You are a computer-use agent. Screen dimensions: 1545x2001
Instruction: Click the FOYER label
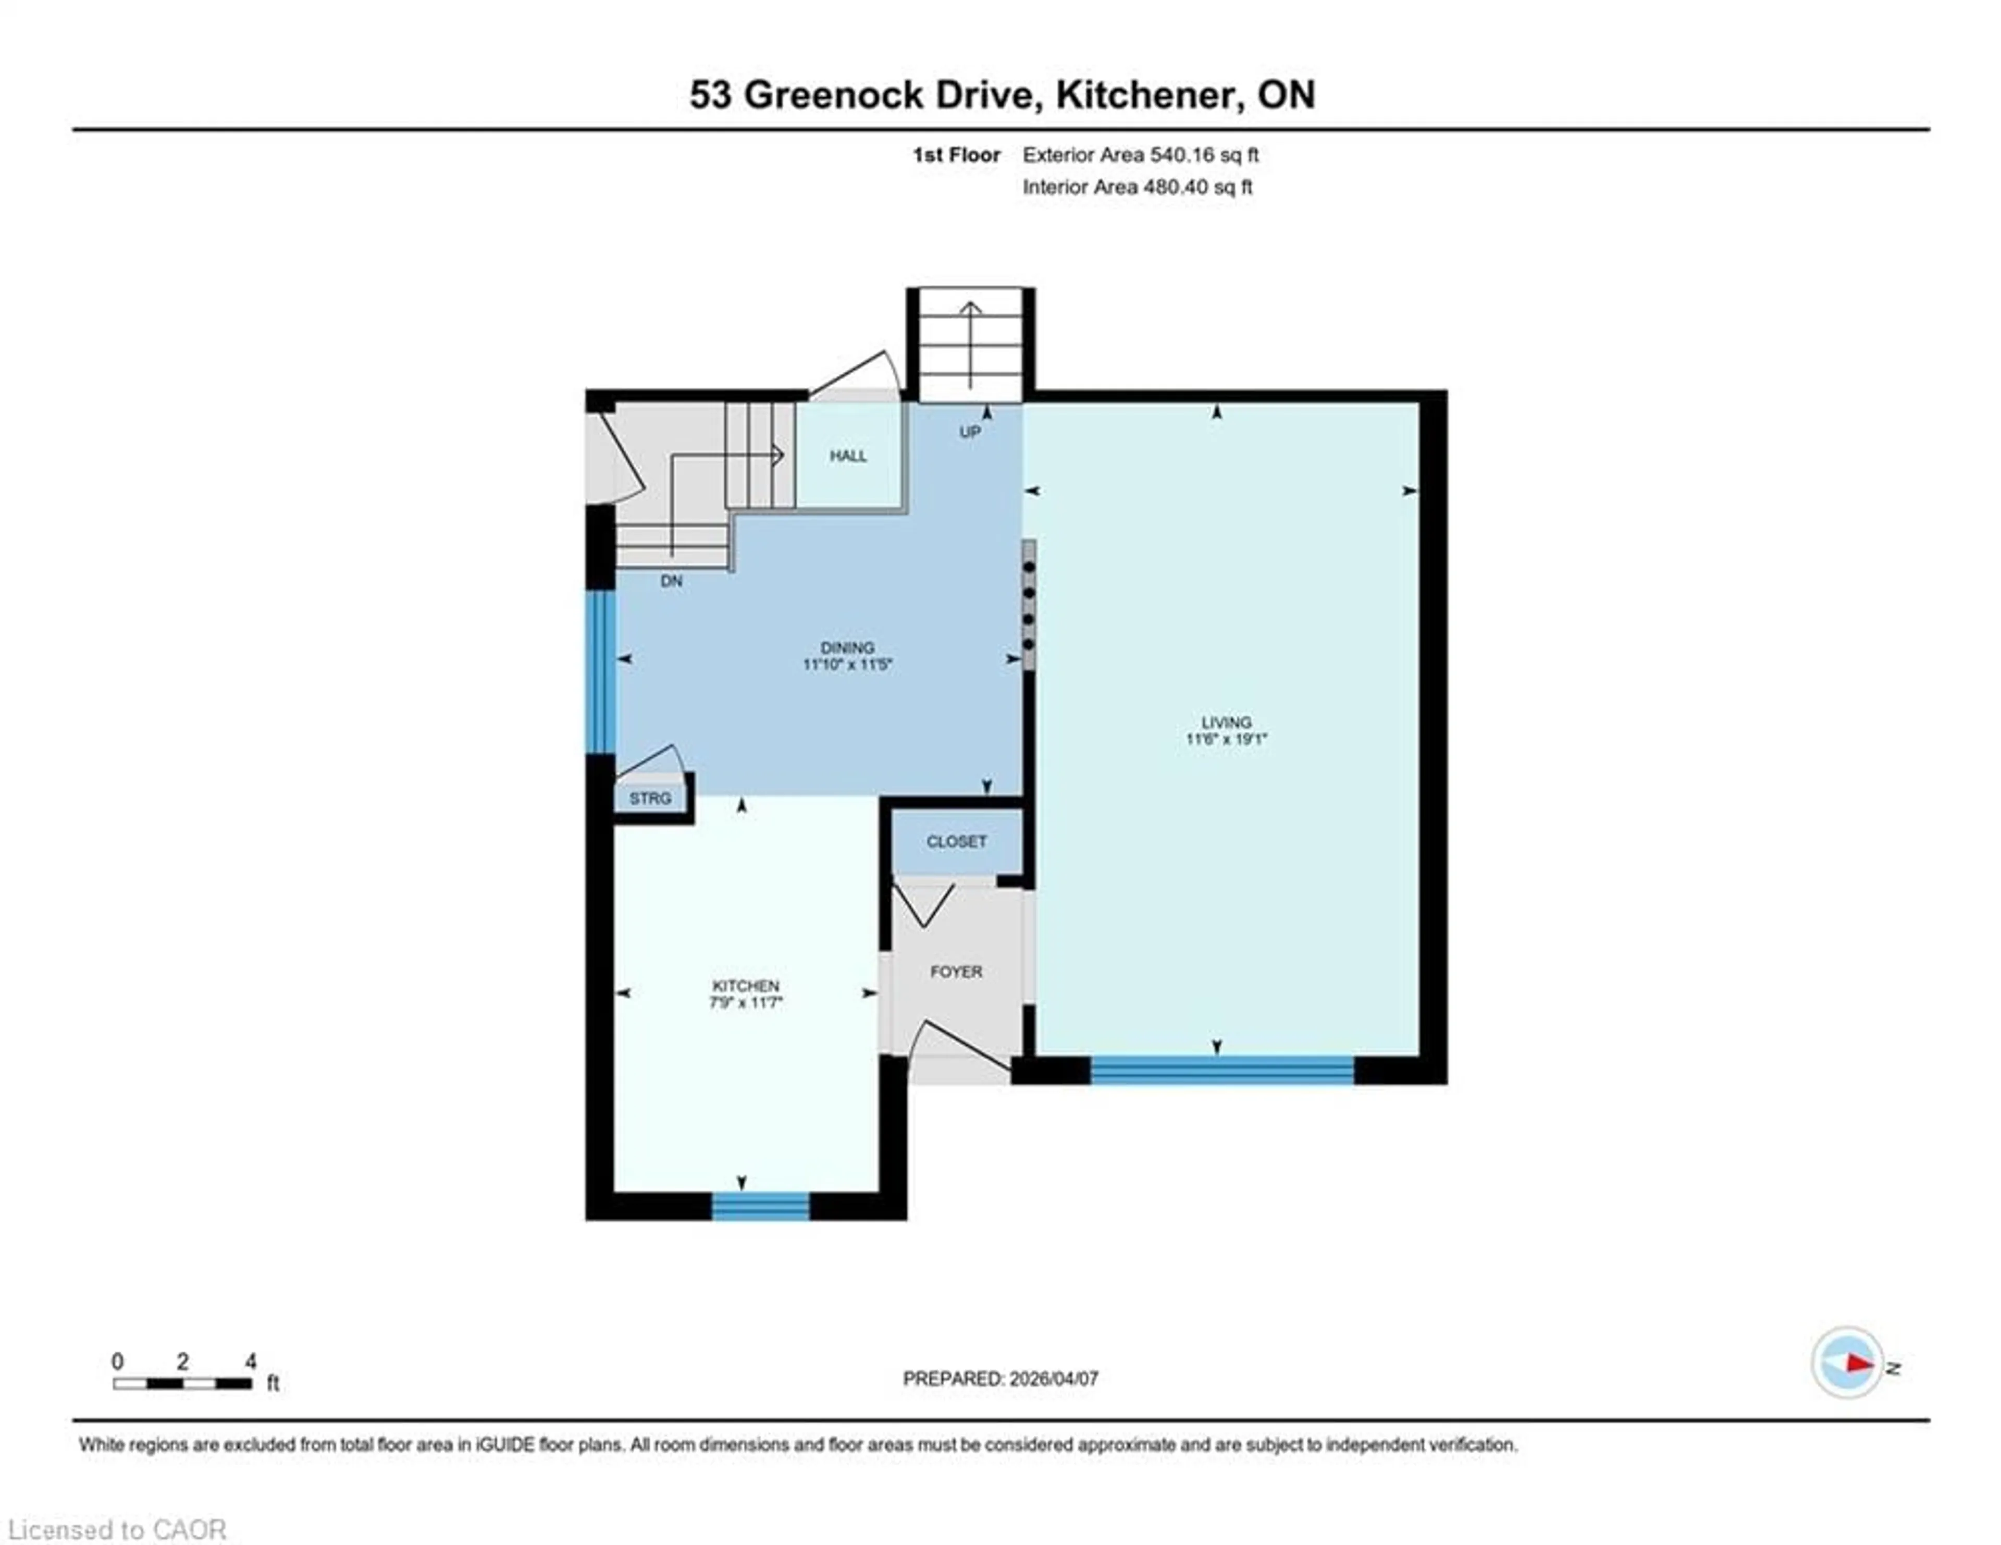coord(956,971)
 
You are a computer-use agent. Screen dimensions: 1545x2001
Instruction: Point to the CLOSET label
coord(956,841)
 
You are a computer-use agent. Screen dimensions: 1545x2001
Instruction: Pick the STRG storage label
coord(650,798)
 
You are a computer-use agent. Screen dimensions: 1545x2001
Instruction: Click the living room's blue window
coord(1221,1070)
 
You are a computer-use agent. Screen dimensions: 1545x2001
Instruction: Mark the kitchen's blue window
coord(760,1206)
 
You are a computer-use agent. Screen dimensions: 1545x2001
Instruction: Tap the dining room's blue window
coord(600,672)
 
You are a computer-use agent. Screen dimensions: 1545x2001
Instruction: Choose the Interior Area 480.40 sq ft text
coord(1137,187)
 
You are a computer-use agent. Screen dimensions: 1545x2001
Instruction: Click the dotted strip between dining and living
coord(1029,605)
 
